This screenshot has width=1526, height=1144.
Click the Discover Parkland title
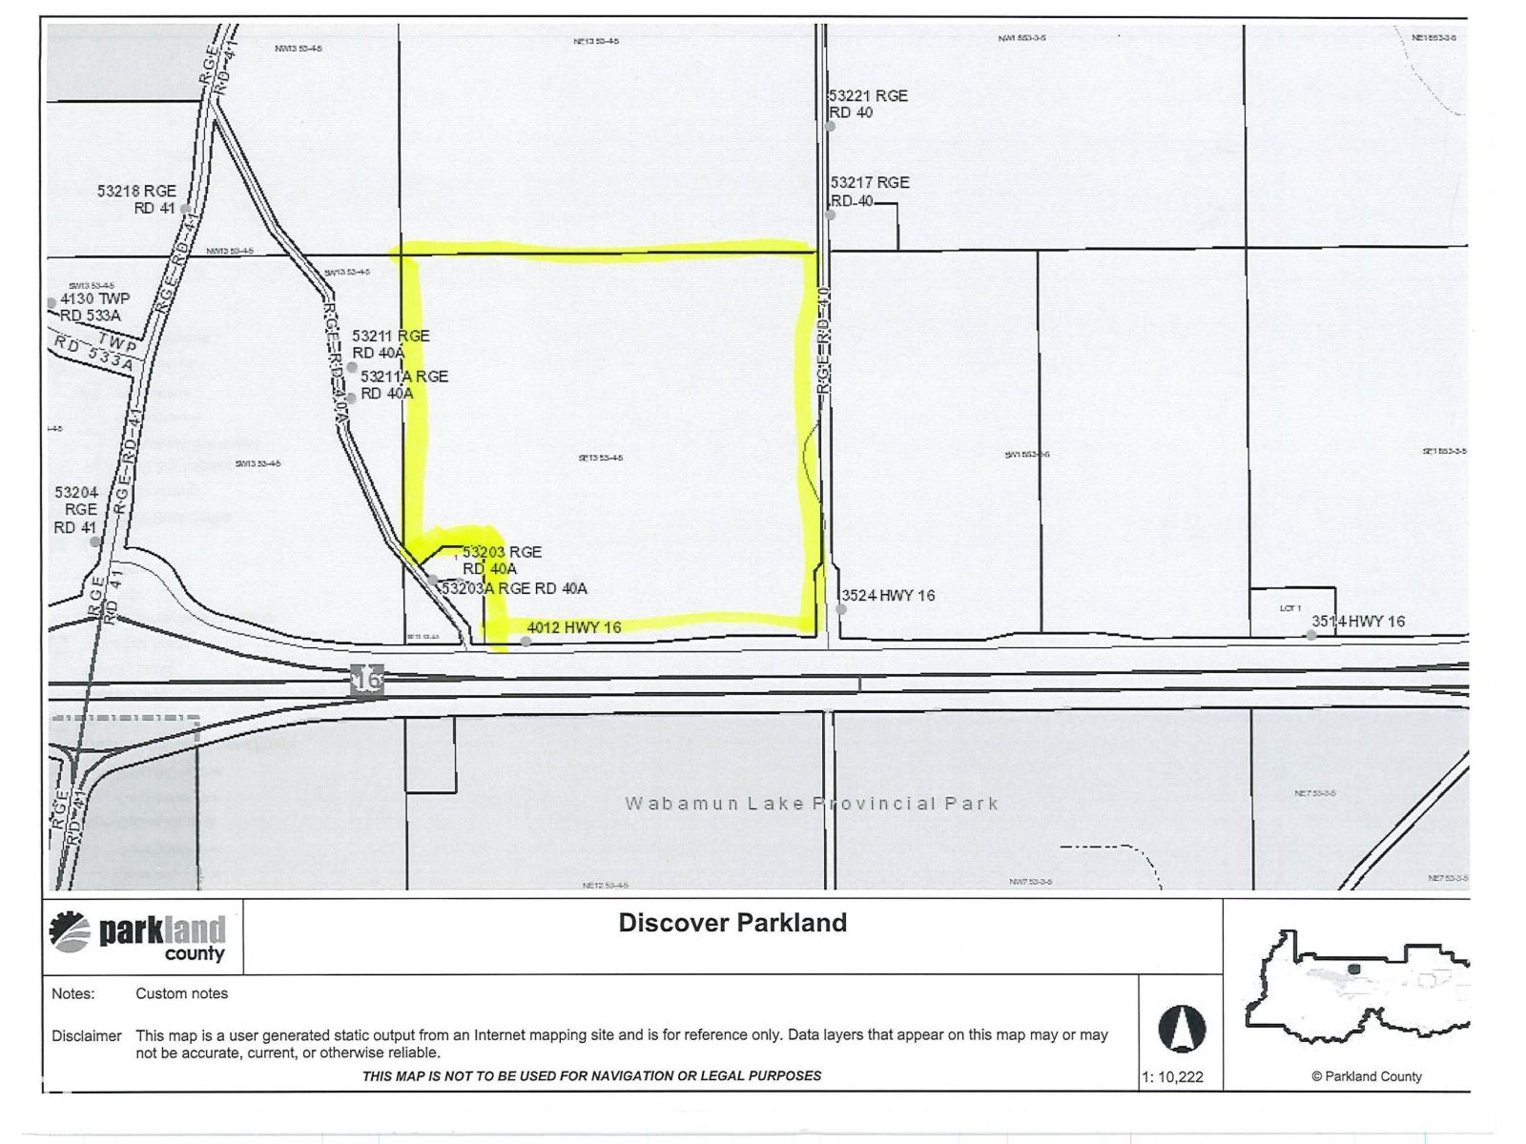click(x=732, y=923)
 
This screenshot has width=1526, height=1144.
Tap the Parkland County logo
click(x=137, y=936)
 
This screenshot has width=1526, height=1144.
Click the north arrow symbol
click(x=1182, y=1029)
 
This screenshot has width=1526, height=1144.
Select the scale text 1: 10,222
click(x=1172, y=1077)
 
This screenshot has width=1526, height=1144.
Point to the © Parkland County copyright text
click(x=1366, y=1076)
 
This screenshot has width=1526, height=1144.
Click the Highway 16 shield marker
click(x=367, y=680)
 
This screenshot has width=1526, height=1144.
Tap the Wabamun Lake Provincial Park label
click(x=812, y=803)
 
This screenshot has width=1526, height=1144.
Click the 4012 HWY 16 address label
click(x=574, y=627)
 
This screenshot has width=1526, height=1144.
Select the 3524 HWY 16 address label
click(x=887, y=596)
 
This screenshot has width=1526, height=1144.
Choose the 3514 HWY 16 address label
click(x=1358, y=622)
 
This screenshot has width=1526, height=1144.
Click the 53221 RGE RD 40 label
click(x=868, y=104)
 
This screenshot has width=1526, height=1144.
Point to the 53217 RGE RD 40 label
click(x=869, y=191)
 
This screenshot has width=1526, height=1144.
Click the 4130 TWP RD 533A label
click(x=93, y=307)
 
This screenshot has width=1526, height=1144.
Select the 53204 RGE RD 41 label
click(x=76, y=510)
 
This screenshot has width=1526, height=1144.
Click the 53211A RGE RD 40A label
click(x=402, y=384)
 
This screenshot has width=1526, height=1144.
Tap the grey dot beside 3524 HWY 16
click(x=841, y=609)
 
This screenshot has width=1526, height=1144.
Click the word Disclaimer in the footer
click(x=87, y=1036)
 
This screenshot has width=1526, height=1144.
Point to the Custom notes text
click(x=181, y=993)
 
